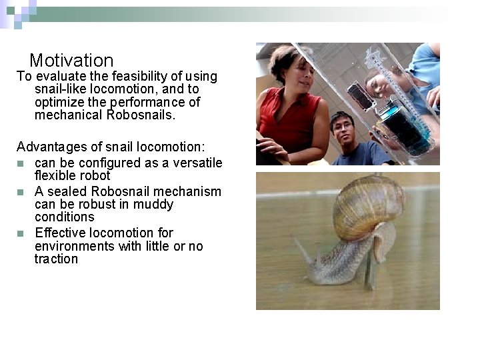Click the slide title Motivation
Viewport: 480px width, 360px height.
coord(71,61)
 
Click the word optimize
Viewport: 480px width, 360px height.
coord(59,103)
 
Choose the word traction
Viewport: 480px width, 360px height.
coord(56,259)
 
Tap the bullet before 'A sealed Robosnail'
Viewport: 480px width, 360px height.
coord(21,192)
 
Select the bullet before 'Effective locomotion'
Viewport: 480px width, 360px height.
coord(21,233)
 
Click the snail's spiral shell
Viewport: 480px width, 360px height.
coord(368,206)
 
